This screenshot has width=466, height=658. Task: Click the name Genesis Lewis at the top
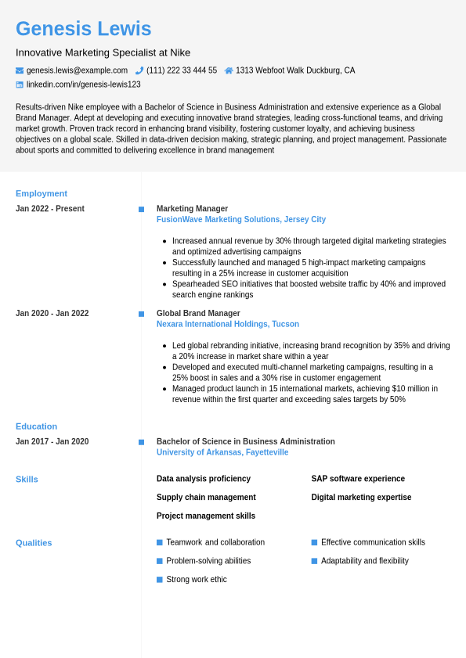83,29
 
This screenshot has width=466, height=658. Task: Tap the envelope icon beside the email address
20,70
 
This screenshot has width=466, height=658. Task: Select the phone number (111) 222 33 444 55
182,70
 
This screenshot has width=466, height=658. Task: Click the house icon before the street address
229,70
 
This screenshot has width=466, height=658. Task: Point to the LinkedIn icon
20,84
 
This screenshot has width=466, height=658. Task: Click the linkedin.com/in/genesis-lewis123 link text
84,84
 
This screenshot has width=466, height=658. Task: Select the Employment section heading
42,193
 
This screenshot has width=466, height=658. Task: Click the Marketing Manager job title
192,209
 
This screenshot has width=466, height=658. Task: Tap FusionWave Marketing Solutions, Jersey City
241,220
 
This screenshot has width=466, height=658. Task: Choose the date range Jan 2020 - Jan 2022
52,314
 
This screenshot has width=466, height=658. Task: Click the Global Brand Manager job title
198,314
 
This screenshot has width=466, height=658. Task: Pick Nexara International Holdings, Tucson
228,325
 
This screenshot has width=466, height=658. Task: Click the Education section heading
37,426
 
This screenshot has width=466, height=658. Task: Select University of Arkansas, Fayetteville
222,452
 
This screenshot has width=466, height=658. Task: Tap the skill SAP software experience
358,479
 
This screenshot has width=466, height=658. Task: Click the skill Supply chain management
206,498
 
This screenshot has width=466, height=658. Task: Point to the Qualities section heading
34,543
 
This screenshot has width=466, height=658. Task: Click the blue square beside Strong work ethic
160,580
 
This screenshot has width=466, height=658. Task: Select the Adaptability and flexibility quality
364,561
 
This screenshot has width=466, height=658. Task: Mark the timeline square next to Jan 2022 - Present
141,210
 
